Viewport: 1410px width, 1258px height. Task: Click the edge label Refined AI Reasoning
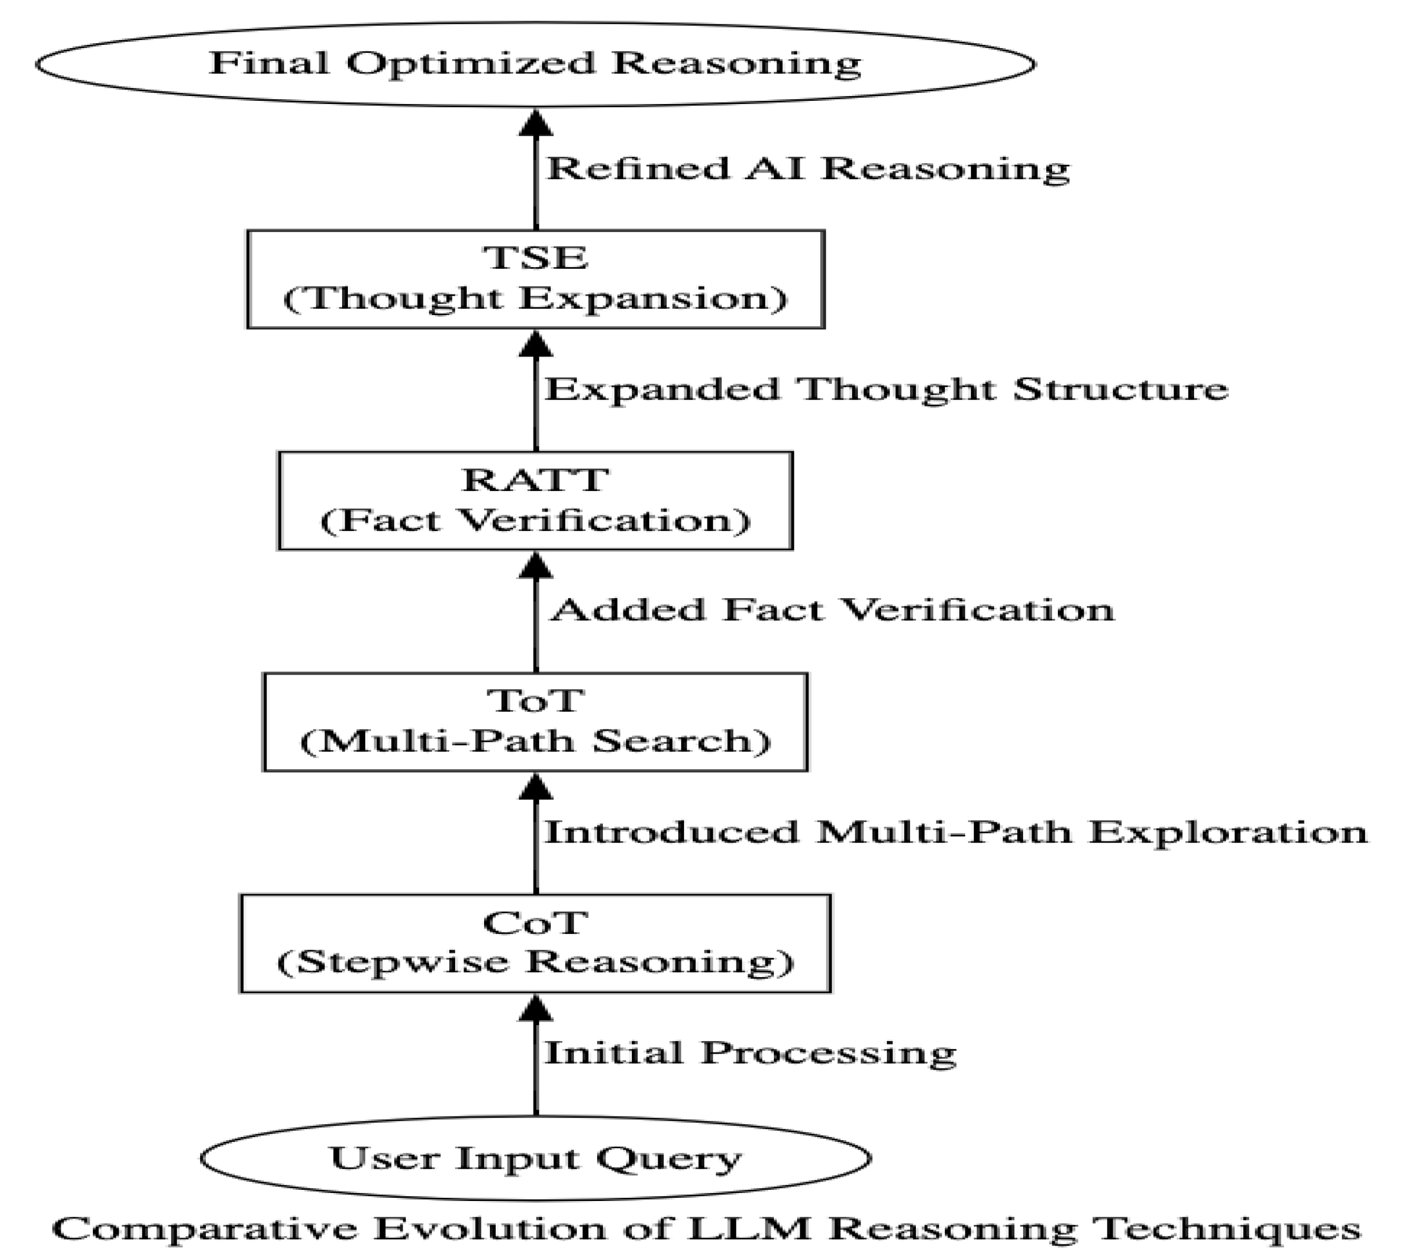click(x=807, y=168)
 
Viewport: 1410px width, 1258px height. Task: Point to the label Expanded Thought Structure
click(x=886, y=389)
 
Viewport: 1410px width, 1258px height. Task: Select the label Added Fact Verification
click(x=832, y=610)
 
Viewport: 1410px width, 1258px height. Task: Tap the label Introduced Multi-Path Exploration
click(x=955, y=831)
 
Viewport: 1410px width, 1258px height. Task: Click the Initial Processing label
click(x=750, y=1053)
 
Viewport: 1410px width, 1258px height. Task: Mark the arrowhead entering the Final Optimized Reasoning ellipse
click(x=536, y=123)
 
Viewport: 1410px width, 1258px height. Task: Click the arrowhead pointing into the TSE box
click(x=536, y=344)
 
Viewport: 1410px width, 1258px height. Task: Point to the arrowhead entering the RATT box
click(x=536, y=565)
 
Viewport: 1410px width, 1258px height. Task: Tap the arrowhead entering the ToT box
click(x=536, y=787)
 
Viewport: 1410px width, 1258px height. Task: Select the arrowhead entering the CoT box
click(x=536, y=1008)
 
